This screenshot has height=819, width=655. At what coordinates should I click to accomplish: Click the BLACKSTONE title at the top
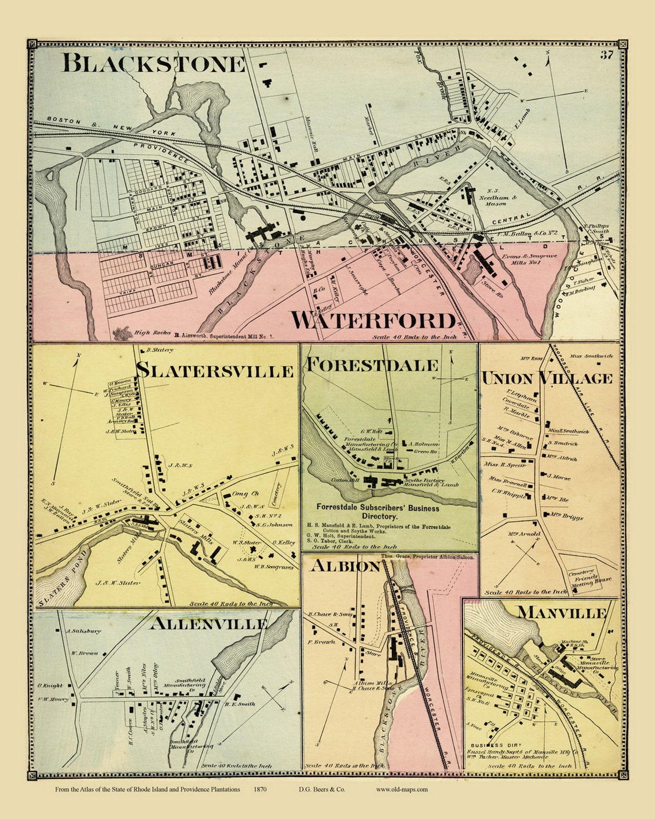pyautogui.click(x=153, y=63)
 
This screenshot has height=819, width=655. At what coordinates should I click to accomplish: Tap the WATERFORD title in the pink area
pyautogui.click(x=373, y=320)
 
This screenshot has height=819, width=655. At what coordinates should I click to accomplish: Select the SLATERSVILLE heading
pyautogui.click(x=215, y=370)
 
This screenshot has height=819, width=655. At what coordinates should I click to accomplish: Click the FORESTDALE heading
pyautogui.click(x=372, y=364)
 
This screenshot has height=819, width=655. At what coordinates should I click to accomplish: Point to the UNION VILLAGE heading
pyautogui.click(x=546, y=378)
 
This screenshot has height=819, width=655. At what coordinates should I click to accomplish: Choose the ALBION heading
pyautogui.click(x=345, y=566)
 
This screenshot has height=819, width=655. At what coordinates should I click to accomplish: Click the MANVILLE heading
pyautogui.click(x=561, y=613)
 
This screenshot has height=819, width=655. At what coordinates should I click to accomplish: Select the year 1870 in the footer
pyautogui.click(x=259, y=790)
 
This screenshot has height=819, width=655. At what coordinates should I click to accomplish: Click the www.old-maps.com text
pyautogui.click(x=402, y=790)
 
